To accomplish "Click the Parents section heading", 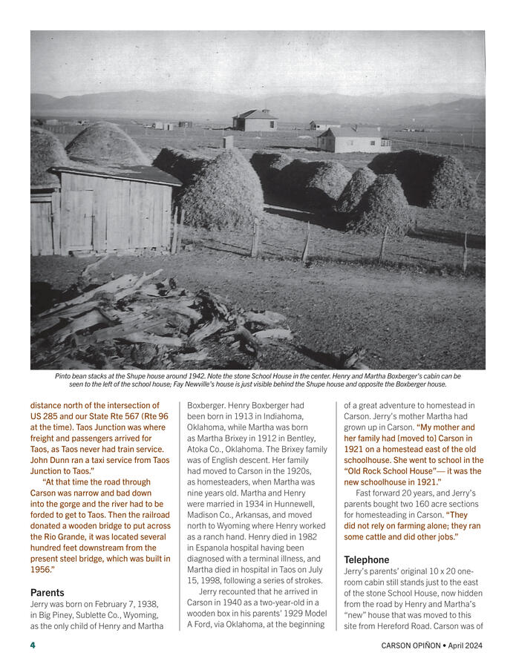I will point(48,593).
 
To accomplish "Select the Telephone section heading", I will point(367,559).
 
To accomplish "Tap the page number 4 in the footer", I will point(33,645).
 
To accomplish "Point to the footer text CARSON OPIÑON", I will point(412,645).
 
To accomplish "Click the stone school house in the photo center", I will point(255,119).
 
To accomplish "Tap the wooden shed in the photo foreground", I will point(104,208).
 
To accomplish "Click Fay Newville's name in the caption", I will point(278,384).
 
